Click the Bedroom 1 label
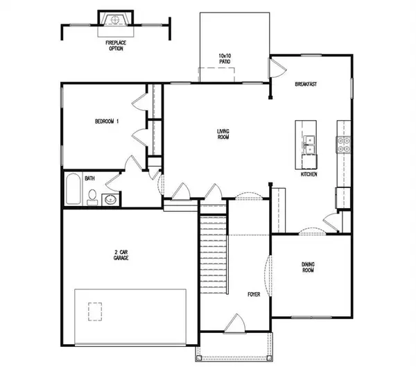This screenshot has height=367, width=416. (107, 121)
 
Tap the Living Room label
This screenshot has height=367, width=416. (223, 135)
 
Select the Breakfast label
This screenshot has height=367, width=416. (306, 85)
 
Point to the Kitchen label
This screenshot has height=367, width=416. (309, 174)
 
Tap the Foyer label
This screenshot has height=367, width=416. (254, 294)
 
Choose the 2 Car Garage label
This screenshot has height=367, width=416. (121, 255)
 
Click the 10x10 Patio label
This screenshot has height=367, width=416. (224, 58)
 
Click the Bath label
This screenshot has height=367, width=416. (90, 178)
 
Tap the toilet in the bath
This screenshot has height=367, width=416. (92, 198)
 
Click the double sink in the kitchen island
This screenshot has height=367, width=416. (309, 144)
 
